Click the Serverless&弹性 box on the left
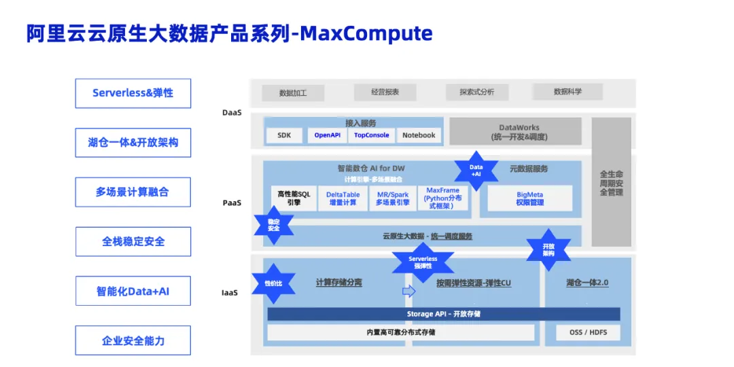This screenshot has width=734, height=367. coord(133,93)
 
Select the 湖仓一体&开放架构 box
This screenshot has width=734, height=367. coord(133,143)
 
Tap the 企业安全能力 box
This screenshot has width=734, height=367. coord(133,340)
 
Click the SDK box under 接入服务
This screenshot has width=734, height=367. coord(284,135)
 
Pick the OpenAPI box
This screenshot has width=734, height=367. coord(327,135)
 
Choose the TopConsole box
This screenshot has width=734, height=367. coord(372,135)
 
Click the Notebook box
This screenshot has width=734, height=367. coord(419,135)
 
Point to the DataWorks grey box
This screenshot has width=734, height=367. coord(519,132)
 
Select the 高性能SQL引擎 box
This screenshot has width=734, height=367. coord(294,198)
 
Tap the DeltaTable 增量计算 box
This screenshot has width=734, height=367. coord(343,198)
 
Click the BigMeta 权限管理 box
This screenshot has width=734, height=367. coord(529,198)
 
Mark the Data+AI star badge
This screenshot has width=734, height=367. coord(476,171)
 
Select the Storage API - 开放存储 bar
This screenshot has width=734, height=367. coord(444,314)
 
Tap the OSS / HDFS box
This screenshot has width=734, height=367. coord(588,332)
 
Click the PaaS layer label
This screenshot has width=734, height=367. coord(232,203)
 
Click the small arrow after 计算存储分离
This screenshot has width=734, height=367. coord(408,291)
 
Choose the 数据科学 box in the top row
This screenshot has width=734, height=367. coord(567,91)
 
